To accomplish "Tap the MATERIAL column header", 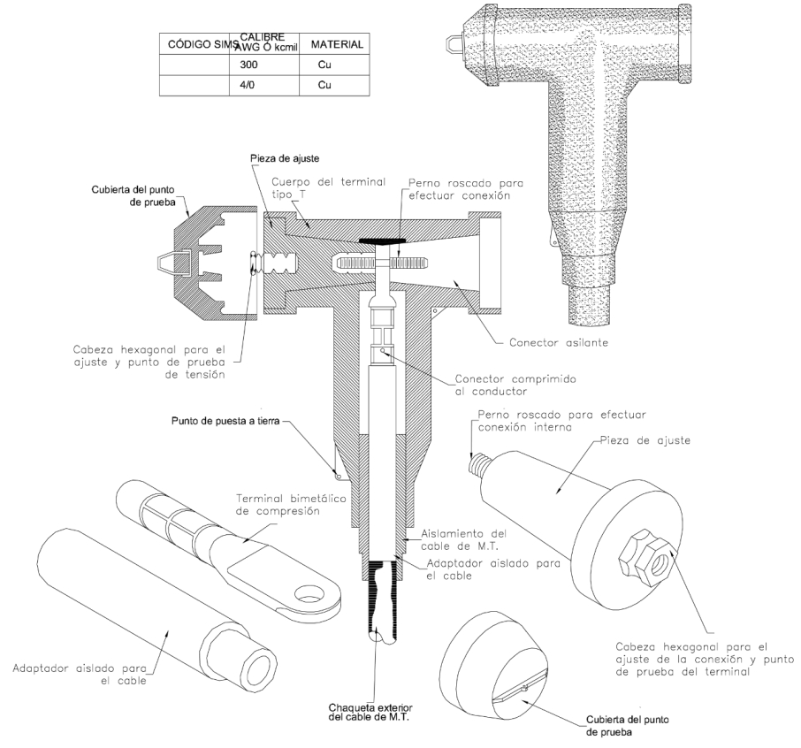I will pos(337,43).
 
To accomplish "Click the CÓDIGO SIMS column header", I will pos(193,43).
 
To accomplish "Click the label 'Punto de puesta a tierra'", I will pos(227,423).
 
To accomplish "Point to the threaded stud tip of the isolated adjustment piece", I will pos(478,462).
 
